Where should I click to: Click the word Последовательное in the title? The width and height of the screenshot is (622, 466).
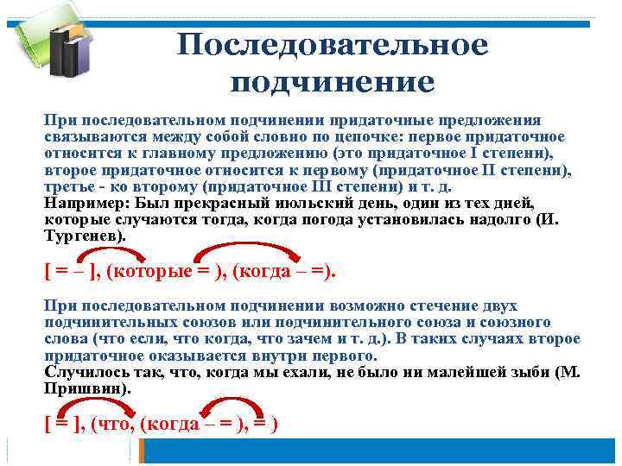pos(333,45)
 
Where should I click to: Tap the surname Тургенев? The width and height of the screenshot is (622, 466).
pos(84,235)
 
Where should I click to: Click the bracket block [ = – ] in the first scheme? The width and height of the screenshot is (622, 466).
pos(71,270)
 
